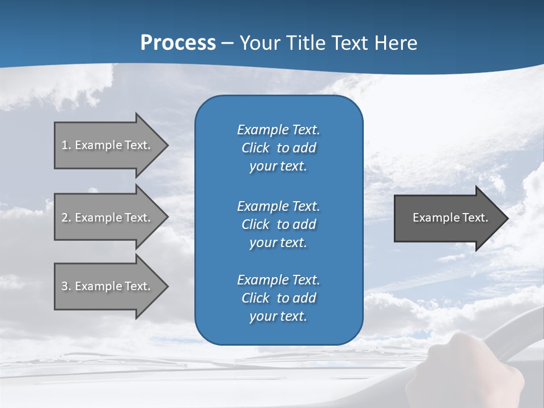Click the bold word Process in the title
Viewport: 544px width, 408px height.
pyautogui.click(x=178, y=42)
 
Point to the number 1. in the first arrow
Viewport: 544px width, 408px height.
pyautogui.click(x=66, y=145)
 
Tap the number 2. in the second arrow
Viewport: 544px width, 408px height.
pyautogui.click(x=66, y=218)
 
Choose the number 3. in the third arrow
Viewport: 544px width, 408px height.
pyautogui.click(x=66, y=286)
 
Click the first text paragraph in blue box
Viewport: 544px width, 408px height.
pyautogui.click(x=278, y=148)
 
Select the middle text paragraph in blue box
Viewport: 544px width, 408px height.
pyautogui.click(x=278, y=224)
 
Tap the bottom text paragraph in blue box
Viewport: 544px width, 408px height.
pyautogui.click(x=278, y=298)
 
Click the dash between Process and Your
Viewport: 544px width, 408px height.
pyautogui.click(x=227, y=43)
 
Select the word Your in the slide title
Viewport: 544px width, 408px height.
pyautogui.click(x=258, y=42)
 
